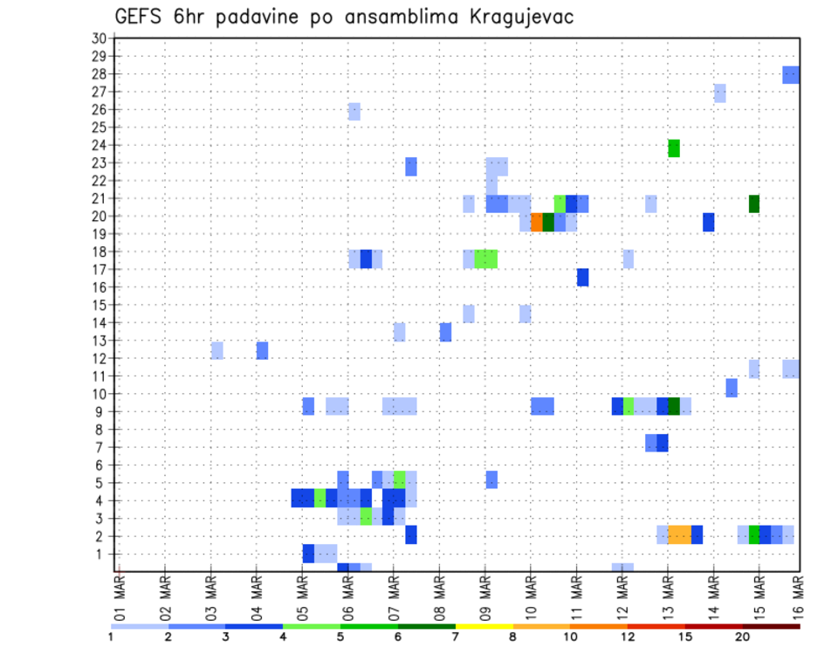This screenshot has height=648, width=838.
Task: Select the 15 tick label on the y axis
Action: tap(99, 306)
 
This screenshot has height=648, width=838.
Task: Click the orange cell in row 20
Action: tap(537, 222)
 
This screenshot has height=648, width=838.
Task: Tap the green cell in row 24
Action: tap(674, 148)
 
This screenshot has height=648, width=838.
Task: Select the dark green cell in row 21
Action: tap(754, 203)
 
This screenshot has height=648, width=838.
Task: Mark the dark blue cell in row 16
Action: tap(582, 277)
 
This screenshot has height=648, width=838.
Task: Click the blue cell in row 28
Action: tap(791, 74)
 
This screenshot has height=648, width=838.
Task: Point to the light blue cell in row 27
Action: tap(720, 93)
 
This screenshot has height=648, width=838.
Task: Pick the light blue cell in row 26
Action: tap(354, 111)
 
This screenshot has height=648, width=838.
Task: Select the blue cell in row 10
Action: tap(732, 388)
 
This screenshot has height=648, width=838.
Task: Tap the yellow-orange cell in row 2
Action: tap(679, 534)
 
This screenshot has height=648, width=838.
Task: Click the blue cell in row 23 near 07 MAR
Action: tap(411, 166)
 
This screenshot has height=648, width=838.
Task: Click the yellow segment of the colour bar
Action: tap(484, 626)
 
